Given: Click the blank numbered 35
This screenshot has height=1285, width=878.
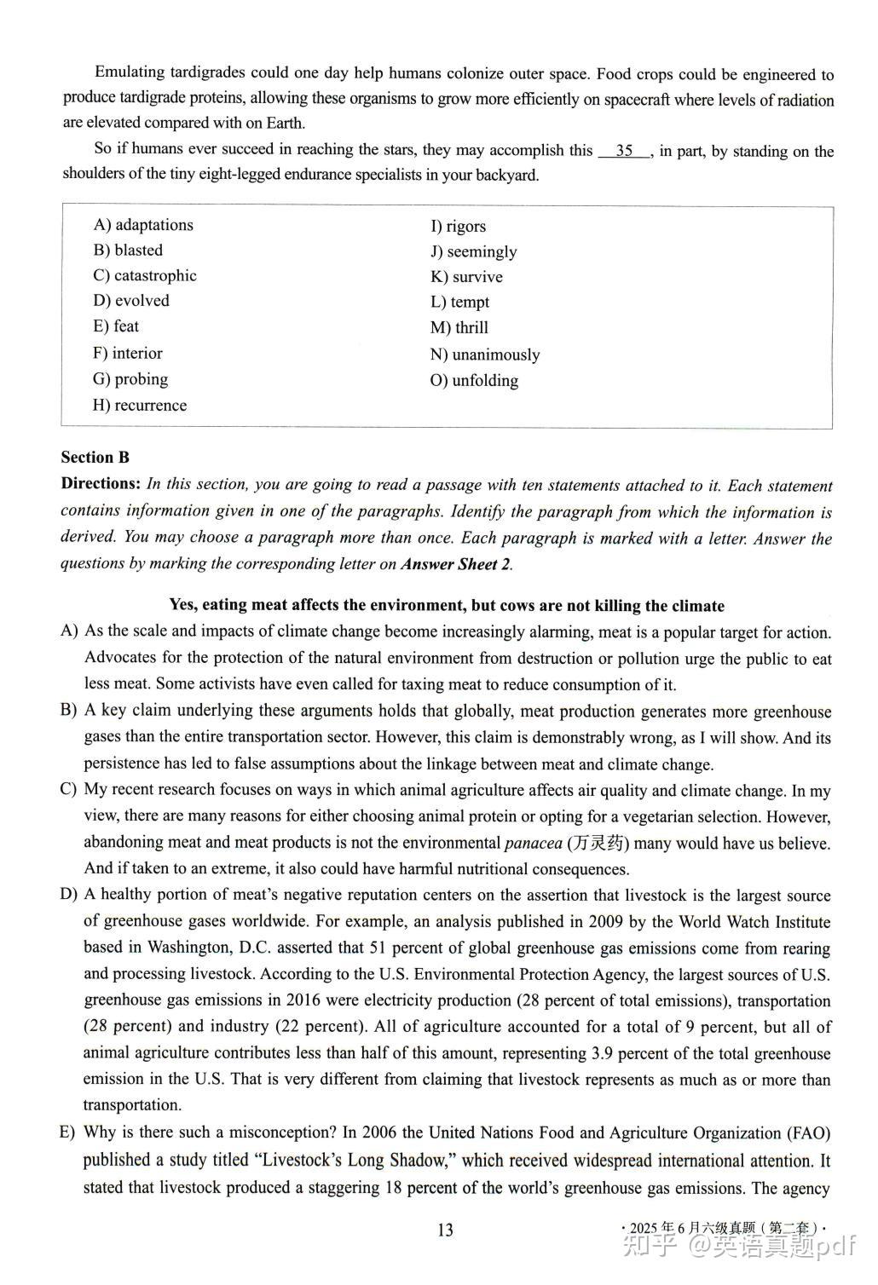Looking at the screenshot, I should click(x=625, y=151).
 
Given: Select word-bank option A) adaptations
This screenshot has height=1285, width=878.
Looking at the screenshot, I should click(x=143, y=225).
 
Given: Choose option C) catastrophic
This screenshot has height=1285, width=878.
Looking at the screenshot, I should click(x=145, y=275).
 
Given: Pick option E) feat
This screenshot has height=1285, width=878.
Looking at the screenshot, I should click(x=116, y=326).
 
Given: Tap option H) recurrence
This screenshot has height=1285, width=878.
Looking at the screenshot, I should click(x=140, y=405).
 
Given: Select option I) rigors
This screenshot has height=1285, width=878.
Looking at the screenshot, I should click(x=458, y=226).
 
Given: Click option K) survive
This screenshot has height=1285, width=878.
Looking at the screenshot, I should click(x=466, y=277).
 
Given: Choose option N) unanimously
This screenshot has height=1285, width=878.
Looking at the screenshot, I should click(x=485, y=354).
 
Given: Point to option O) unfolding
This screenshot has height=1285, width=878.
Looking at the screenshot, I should click(x=474, y=380).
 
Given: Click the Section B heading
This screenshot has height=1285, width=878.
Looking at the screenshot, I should click(x=95, y=458).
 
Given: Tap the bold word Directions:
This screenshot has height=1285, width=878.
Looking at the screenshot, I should click(x=101, y=484).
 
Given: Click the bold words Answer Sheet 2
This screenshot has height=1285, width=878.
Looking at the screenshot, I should click(x=455, y=564).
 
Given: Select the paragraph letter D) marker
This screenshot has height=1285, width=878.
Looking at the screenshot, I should click(x=68, y=895).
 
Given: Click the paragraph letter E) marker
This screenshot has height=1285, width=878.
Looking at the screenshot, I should click(x=68, y=1132).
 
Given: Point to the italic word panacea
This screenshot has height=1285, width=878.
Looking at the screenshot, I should click(x=534, y=844).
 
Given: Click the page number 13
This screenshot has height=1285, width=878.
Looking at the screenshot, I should click(x=445, y=1230).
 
